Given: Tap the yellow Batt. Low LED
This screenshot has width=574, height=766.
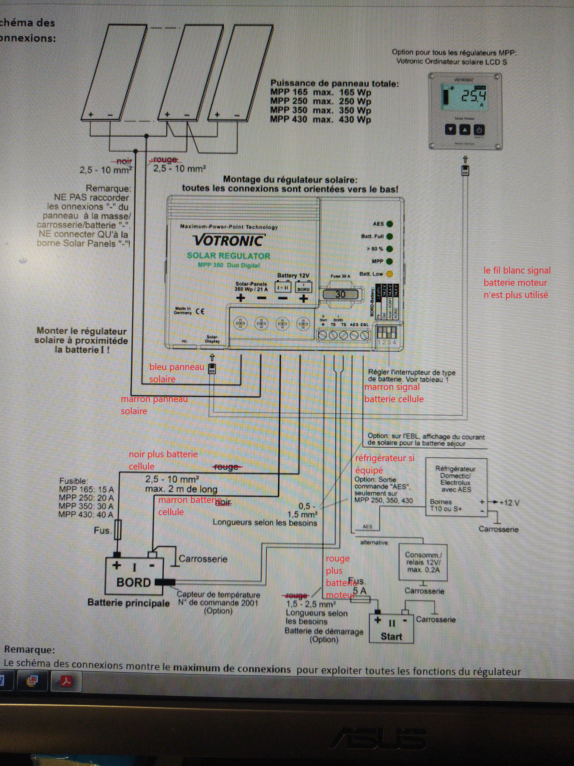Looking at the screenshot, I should [x=389, y=274].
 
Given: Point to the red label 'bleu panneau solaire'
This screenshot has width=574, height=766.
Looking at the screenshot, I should [x=176, y=373].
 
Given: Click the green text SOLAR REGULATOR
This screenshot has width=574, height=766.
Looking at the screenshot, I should [x=228, y=256].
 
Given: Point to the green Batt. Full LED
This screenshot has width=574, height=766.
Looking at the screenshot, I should [x=390, y=237].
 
